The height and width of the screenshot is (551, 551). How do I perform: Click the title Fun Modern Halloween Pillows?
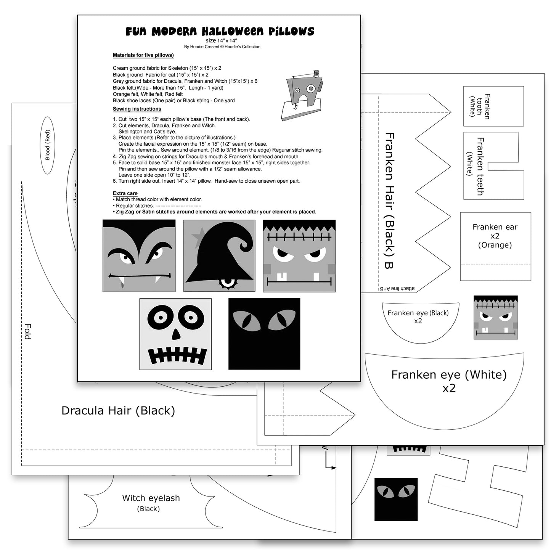click(220, 31)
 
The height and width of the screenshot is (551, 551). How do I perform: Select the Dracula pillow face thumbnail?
click(139, 255)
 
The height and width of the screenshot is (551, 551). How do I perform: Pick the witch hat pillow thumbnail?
click(219, 255)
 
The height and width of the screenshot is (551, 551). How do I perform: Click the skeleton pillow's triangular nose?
click(176, 334)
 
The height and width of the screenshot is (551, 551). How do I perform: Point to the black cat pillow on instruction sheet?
click(264, 334)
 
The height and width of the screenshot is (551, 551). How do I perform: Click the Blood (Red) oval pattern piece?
click(47, 145)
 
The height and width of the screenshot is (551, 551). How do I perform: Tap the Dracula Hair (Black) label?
click(118, 411)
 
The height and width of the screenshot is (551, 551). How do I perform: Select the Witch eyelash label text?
click(151, 498)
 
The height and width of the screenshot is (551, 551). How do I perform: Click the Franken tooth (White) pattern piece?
click(493, 106)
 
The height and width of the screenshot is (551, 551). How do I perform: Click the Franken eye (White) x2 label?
click(449, 381)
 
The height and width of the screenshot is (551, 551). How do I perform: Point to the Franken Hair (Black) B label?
click(389, 200)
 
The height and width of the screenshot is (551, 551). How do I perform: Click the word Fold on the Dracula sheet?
click(28, 331)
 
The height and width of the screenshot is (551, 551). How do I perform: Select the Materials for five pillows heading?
click(143, 55)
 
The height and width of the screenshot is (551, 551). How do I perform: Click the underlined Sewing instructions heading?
click(137, 109)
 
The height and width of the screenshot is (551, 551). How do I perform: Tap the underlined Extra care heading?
click(125, 193)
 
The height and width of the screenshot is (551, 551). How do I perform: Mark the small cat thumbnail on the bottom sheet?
click(396, 499)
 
